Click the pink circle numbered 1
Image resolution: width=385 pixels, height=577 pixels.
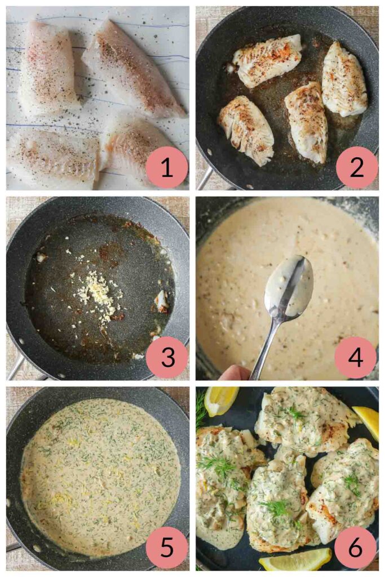pos(167,167)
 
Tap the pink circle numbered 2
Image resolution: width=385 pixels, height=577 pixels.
pos(357,167)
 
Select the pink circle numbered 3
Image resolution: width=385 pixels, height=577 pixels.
pos(167,357)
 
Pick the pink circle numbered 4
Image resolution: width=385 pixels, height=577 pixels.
pos(357,357)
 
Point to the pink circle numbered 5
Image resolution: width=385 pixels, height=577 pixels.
pos(167,547)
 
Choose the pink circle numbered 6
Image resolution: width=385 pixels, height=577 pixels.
pos(356,547)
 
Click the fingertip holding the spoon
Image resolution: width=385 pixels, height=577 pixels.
pos(234,372)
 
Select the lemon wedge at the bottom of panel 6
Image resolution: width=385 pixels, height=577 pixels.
pos(295,559)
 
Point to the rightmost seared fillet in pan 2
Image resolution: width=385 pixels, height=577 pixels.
pos(344,79)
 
